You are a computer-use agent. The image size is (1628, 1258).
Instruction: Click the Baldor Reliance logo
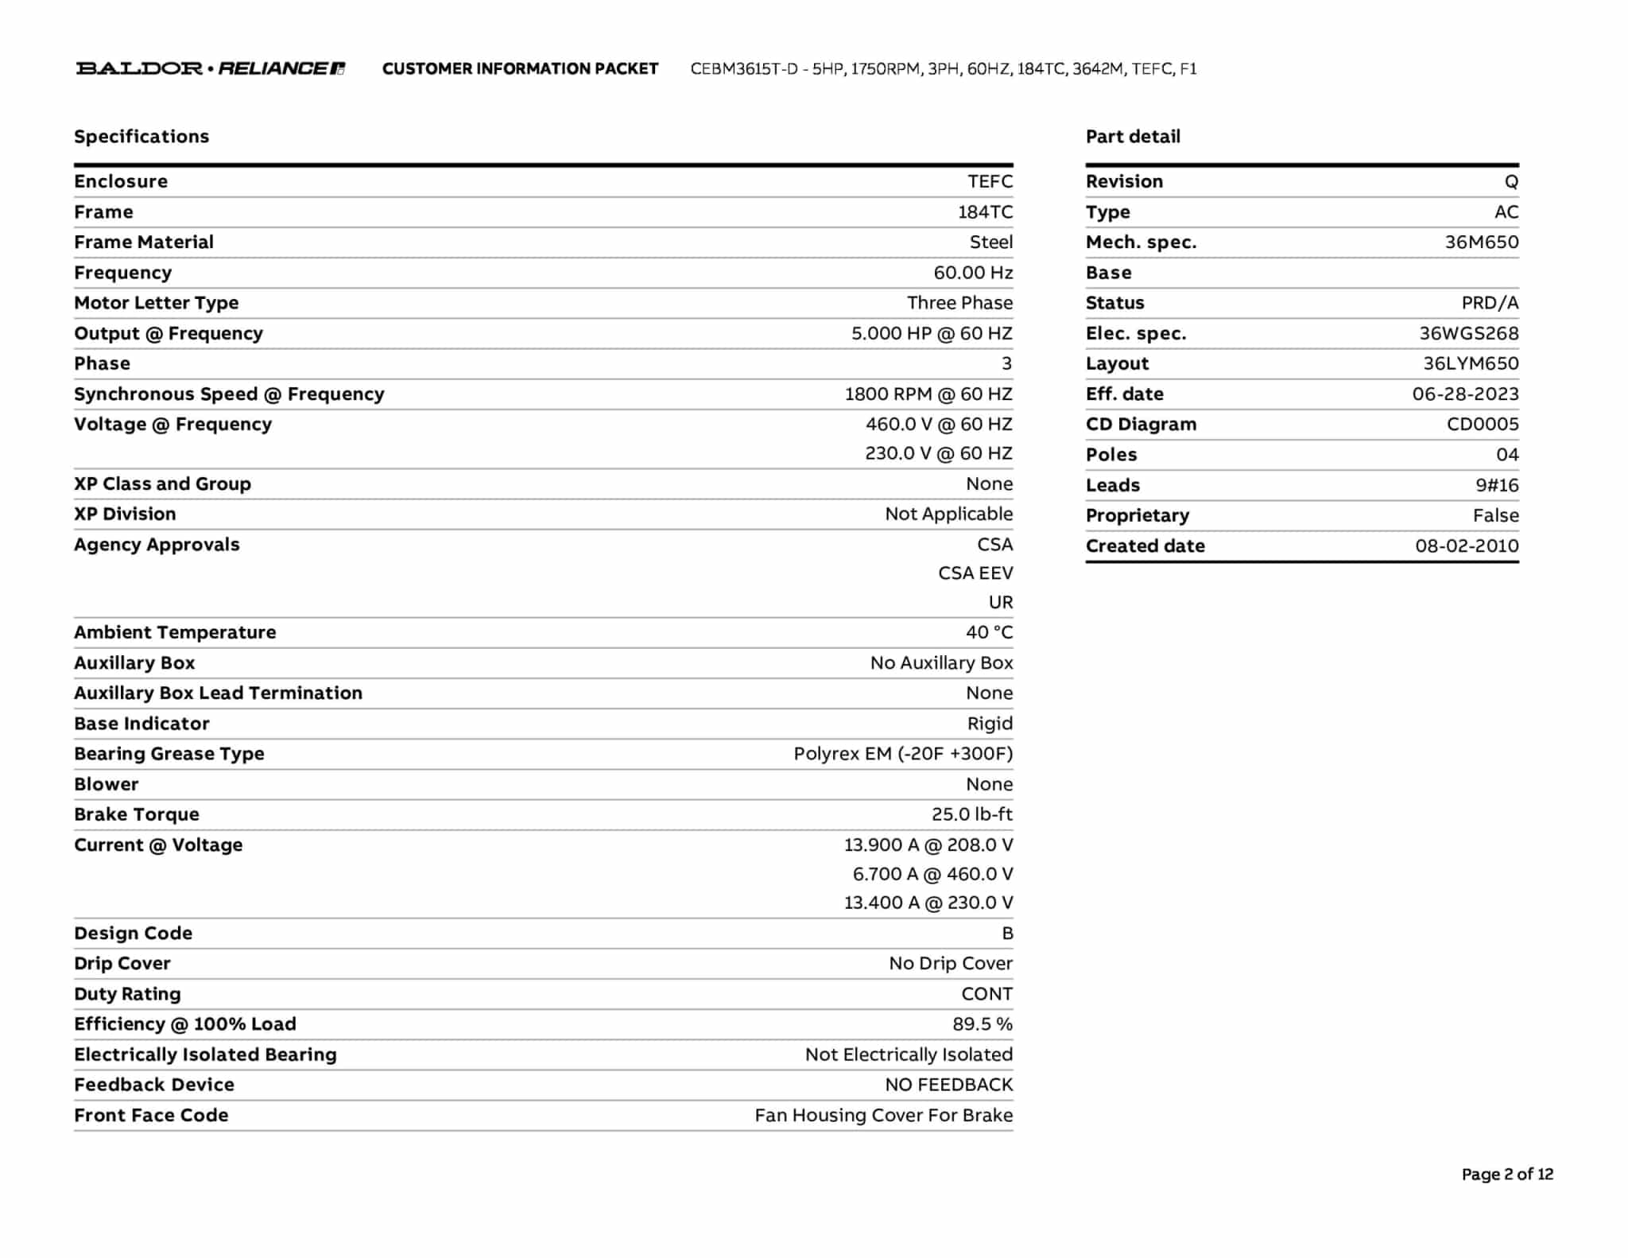point(211,68)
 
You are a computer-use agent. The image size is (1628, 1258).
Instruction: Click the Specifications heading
point(141,137)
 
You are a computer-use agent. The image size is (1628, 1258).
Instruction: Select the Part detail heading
point(1133,137)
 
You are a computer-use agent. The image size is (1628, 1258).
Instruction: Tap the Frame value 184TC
point(985,212)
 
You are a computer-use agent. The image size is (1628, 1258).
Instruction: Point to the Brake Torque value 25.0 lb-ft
point(972,814)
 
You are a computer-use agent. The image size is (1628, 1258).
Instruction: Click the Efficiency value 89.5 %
point(983,1024)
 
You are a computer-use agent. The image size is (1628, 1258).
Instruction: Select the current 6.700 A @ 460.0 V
point(932,874)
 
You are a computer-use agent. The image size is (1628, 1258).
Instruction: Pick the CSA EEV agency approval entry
point(975,573)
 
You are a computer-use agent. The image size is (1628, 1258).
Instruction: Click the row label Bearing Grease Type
point(169,754)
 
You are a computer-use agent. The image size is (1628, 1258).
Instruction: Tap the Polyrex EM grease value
point(903,754)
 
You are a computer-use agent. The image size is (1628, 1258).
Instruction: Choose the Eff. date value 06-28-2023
point(1465,394)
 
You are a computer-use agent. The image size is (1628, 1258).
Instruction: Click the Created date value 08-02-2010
point(1467,546)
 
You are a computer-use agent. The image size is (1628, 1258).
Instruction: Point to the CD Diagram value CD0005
point(1483,425)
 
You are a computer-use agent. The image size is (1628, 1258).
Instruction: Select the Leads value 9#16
point(1497,485)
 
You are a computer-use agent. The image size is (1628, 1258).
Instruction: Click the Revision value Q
point(1511,182)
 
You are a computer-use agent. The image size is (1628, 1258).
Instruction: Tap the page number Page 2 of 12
point(1507,1175)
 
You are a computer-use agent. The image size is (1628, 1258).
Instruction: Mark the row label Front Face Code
point(151,1116)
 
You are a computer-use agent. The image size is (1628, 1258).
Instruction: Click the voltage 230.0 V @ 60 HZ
point(939,453)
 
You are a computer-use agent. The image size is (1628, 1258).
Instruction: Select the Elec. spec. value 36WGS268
point(1469,334)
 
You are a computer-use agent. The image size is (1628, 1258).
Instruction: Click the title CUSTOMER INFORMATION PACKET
point(520,69)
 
